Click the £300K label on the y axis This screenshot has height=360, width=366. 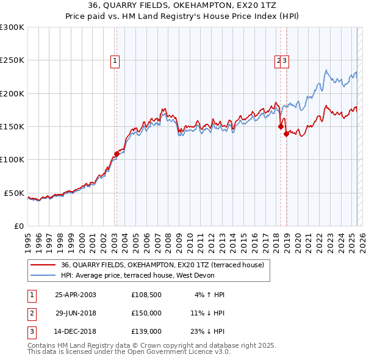tap(12, 27)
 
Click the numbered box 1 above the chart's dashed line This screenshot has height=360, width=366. tap(115, 60)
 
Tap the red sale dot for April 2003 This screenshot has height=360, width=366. tap(117, 154)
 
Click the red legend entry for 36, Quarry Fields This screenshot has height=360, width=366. tap(162, 265)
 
